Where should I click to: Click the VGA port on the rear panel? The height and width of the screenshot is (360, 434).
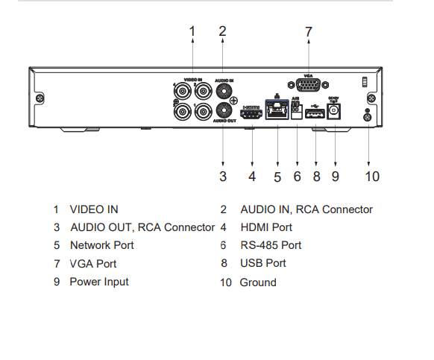click(308, 86)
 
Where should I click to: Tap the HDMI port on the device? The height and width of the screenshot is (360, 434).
click(252, 114)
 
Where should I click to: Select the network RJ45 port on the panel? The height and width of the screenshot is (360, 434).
click(278, 113)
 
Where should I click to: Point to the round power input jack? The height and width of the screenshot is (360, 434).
click(334, 113)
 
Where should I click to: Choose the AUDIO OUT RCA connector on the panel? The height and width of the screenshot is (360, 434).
click(222, 111)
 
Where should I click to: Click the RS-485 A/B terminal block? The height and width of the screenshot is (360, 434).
click(297, 112)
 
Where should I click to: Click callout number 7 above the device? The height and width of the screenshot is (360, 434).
click(308, 32)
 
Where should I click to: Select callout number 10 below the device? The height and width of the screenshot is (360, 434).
click(372, 177)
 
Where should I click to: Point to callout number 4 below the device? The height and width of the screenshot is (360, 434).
click(252, 177)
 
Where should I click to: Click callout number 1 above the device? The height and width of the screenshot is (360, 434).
click(192, 31)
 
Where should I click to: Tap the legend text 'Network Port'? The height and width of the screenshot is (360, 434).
click(102, 245)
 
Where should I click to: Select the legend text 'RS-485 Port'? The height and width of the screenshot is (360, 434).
click(271, 245)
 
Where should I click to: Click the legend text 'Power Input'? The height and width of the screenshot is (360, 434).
click(99, 282)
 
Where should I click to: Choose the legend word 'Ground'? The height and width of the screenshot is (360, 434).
click(258, 282)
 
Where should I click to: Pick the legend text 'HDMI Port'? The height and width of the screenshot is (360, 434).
click(266, 227)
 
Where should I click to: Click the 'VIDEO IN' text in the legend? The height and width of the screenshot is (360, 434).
click(94, 209)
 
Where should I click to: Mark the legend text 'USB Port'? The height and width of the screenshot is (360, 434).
click(263, 263)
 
